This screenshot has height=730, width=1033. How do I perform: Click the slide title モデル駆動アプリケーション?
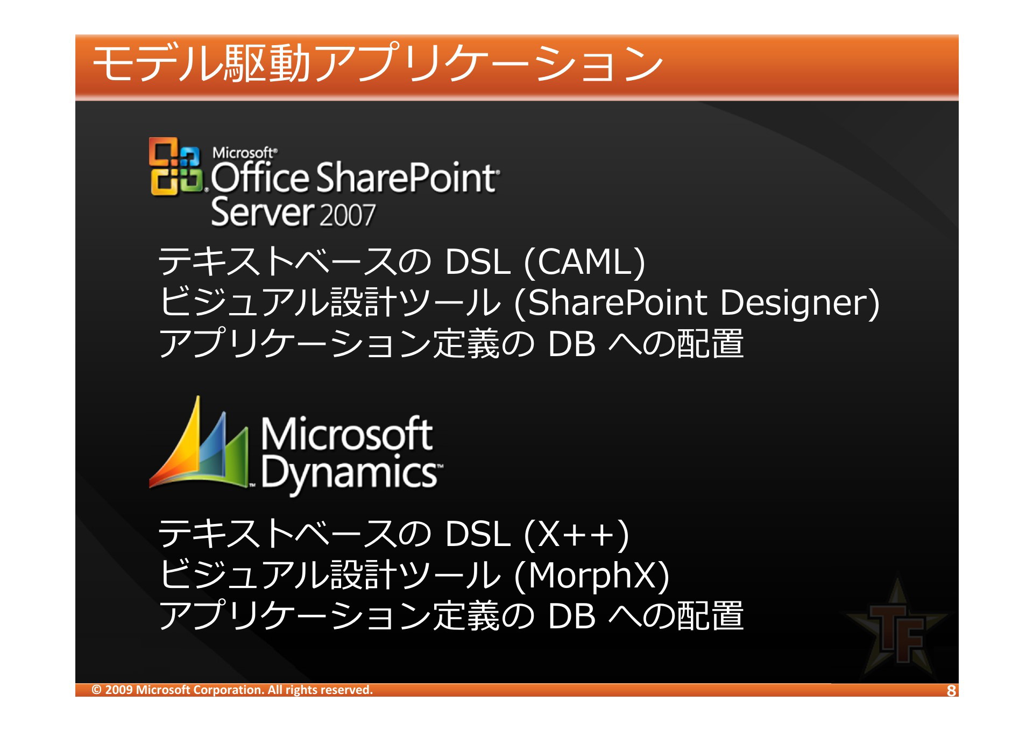378,63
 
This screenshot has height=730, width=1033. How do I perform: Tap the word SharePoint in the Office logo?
406,178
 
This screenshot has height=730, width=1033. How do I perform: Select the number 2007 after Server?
347,215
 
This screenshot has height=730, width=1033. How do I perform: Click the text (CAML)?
584,262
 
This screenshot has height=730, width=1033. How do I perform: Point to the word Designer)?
800,302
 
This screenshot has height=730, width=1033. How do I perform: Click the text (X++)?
576,534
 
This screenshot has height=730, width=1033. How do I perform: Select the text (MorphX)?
592,575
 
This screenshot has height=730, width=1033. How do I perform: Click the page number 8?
951,691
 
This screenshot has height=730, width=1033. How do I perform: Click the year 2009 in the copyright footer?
119,690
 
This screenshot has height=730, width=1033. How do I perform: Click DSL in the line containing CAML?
478,262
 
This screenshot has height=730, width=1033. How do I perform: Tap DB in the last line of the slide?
571,615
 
